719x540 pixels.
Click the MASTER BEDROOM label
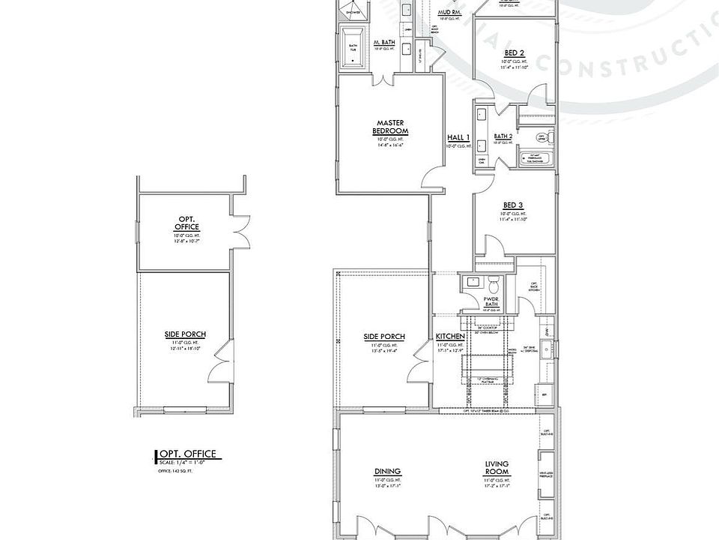point(390,127)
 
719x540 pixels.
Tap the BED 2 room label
point(514,52)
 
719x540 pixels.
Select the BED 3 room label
point(513,205)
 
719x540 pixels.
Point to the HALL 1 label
point(458,137)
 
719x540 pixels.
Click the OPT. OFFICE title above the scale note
point(188,453)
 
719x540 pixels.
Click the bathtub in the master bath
point(351,45)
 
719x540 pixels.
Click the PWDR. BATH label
point(491,301)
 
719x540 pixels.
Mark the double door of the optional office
point(240,230)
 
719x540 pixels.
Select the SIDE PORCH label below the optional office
point(185,334)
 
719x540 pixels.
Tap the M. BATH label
point(384,42)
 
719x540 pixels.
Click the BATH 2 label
point(503,136)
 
